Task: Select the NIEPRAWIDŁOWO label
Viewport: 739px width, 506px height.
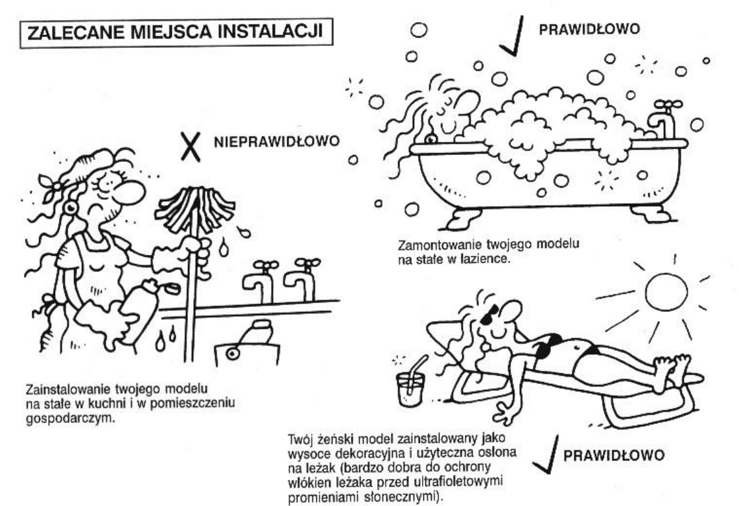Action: pyautogui.click(x=276, y=142)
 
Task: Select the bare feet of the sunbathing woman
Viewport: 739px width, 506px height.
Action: pyautogui.click(x=671, y=370)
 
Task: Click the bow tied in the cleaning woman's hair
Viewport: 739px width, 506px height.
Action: pyautogui.click(x=53, y=185)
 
